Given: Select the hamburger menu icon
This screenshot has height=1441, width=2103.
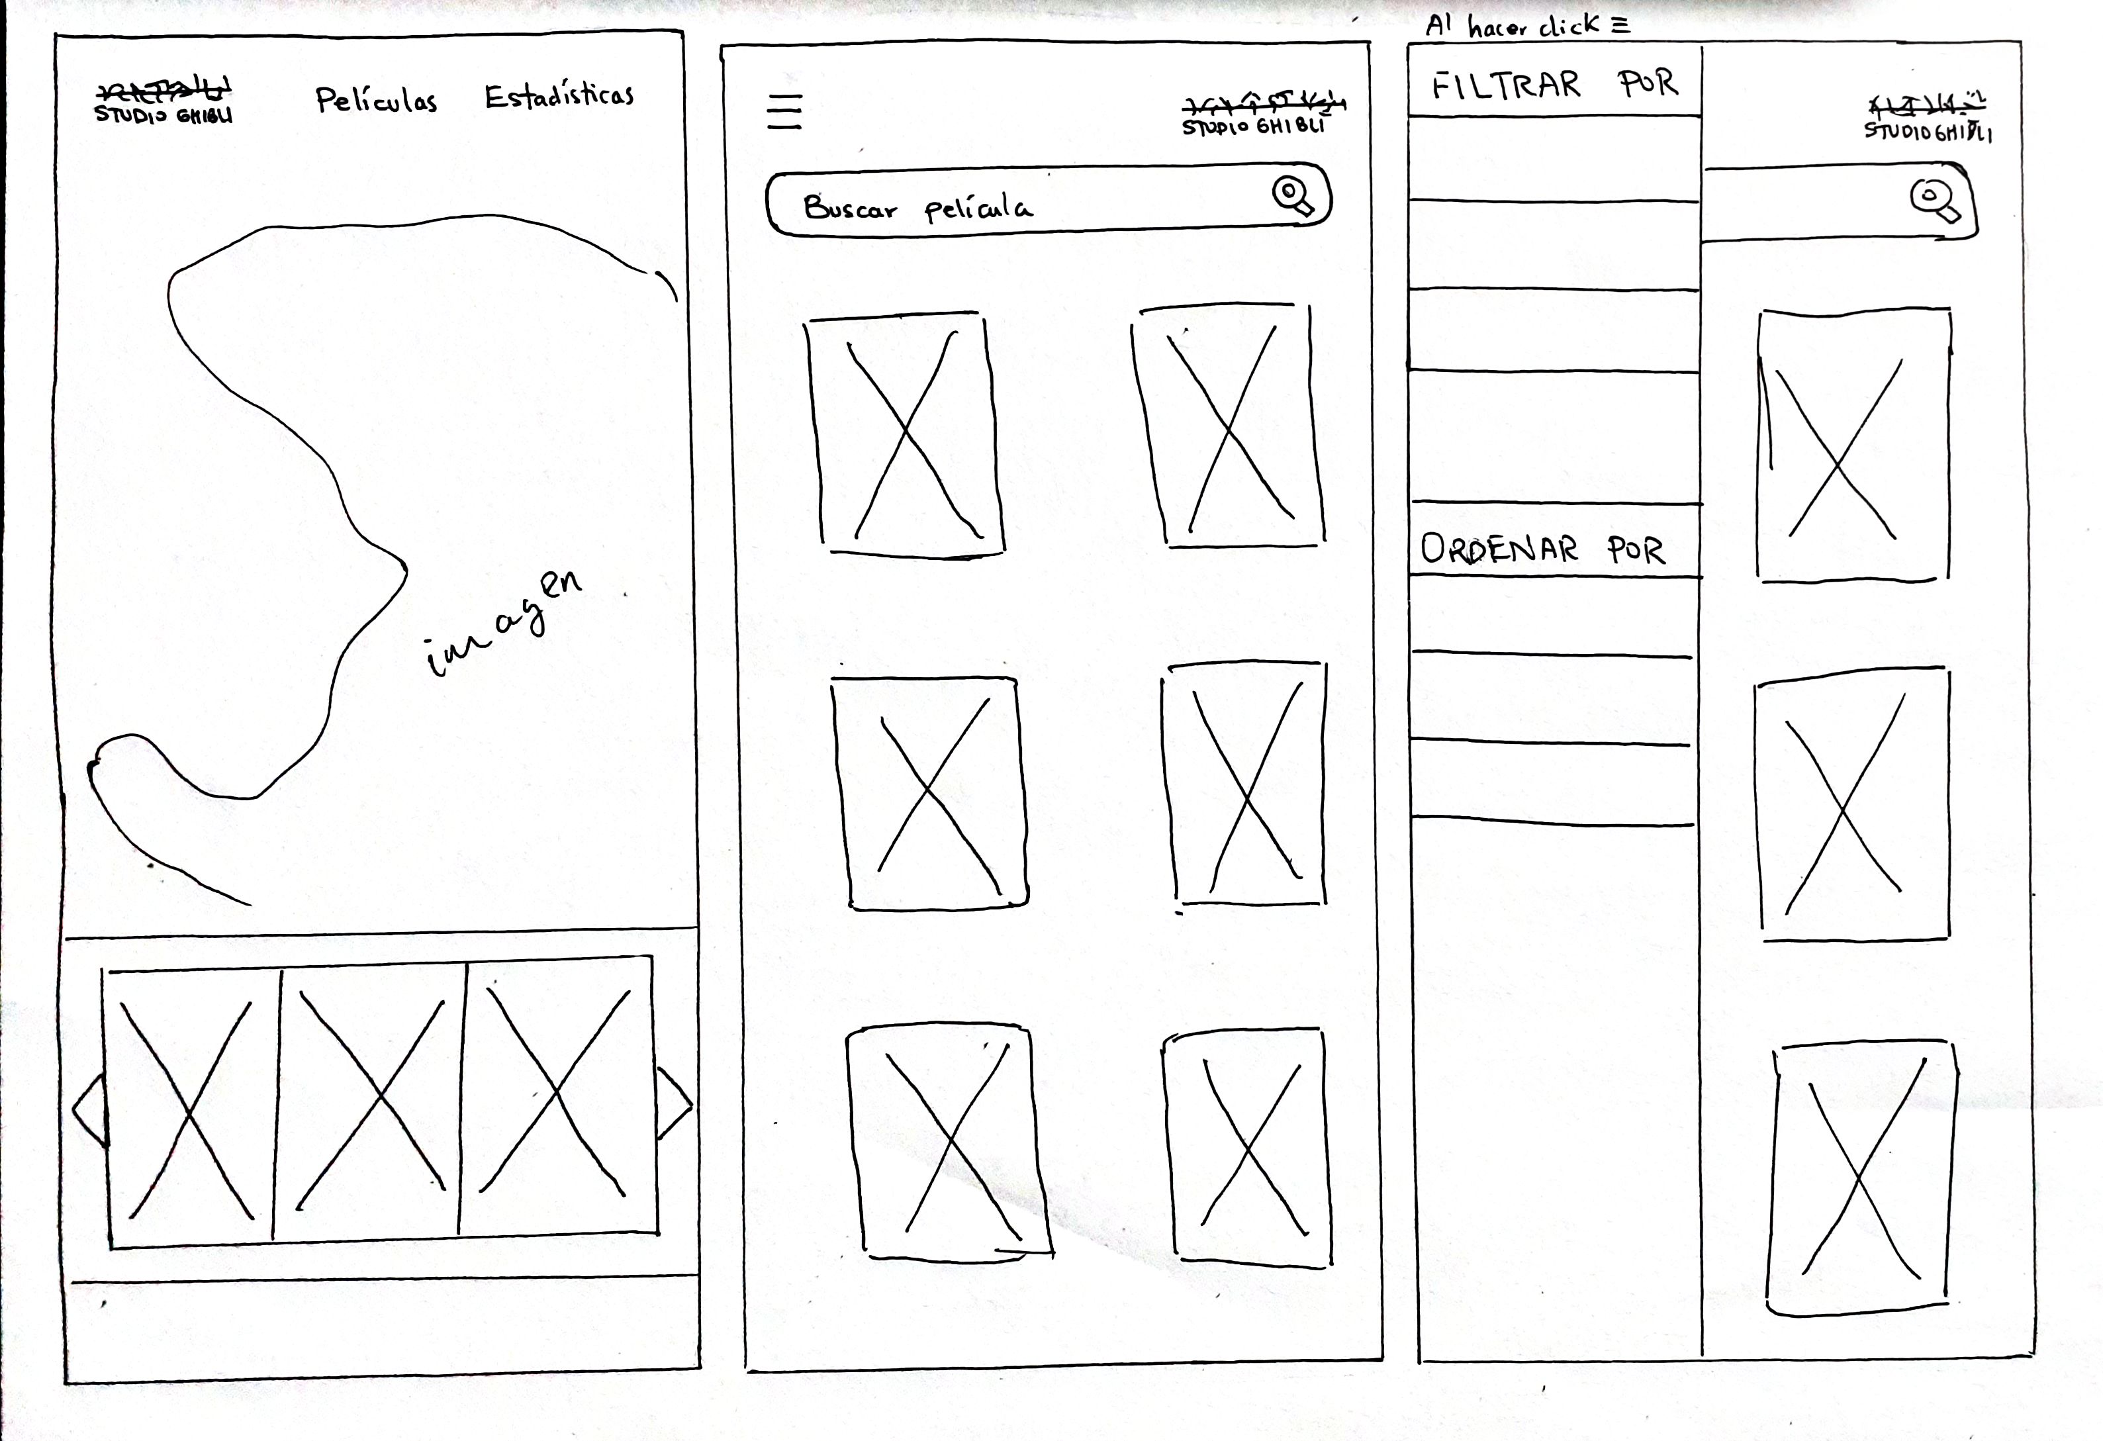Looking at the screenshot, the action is pos(784,111).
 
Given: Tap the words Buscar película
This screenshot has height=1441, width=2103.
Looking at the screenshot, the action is pos(917,209).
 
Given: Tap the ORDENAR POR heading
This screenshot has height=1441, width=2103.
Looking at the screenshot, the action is pos(1542,549).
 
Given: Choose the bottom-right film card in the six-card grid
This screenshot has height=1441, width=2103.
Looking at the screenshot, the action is pos(1249,1147).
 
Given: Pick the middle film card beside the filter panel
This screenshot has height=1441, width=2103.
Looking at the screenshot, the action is pos(1852,804).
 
